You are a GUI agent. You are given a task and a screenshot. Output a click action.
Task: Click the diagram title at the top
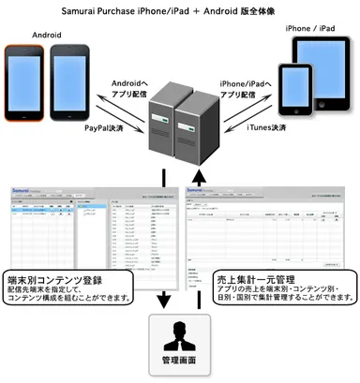180,10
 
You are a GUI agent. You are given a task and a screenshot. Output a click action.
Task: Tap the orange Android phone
26,78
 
